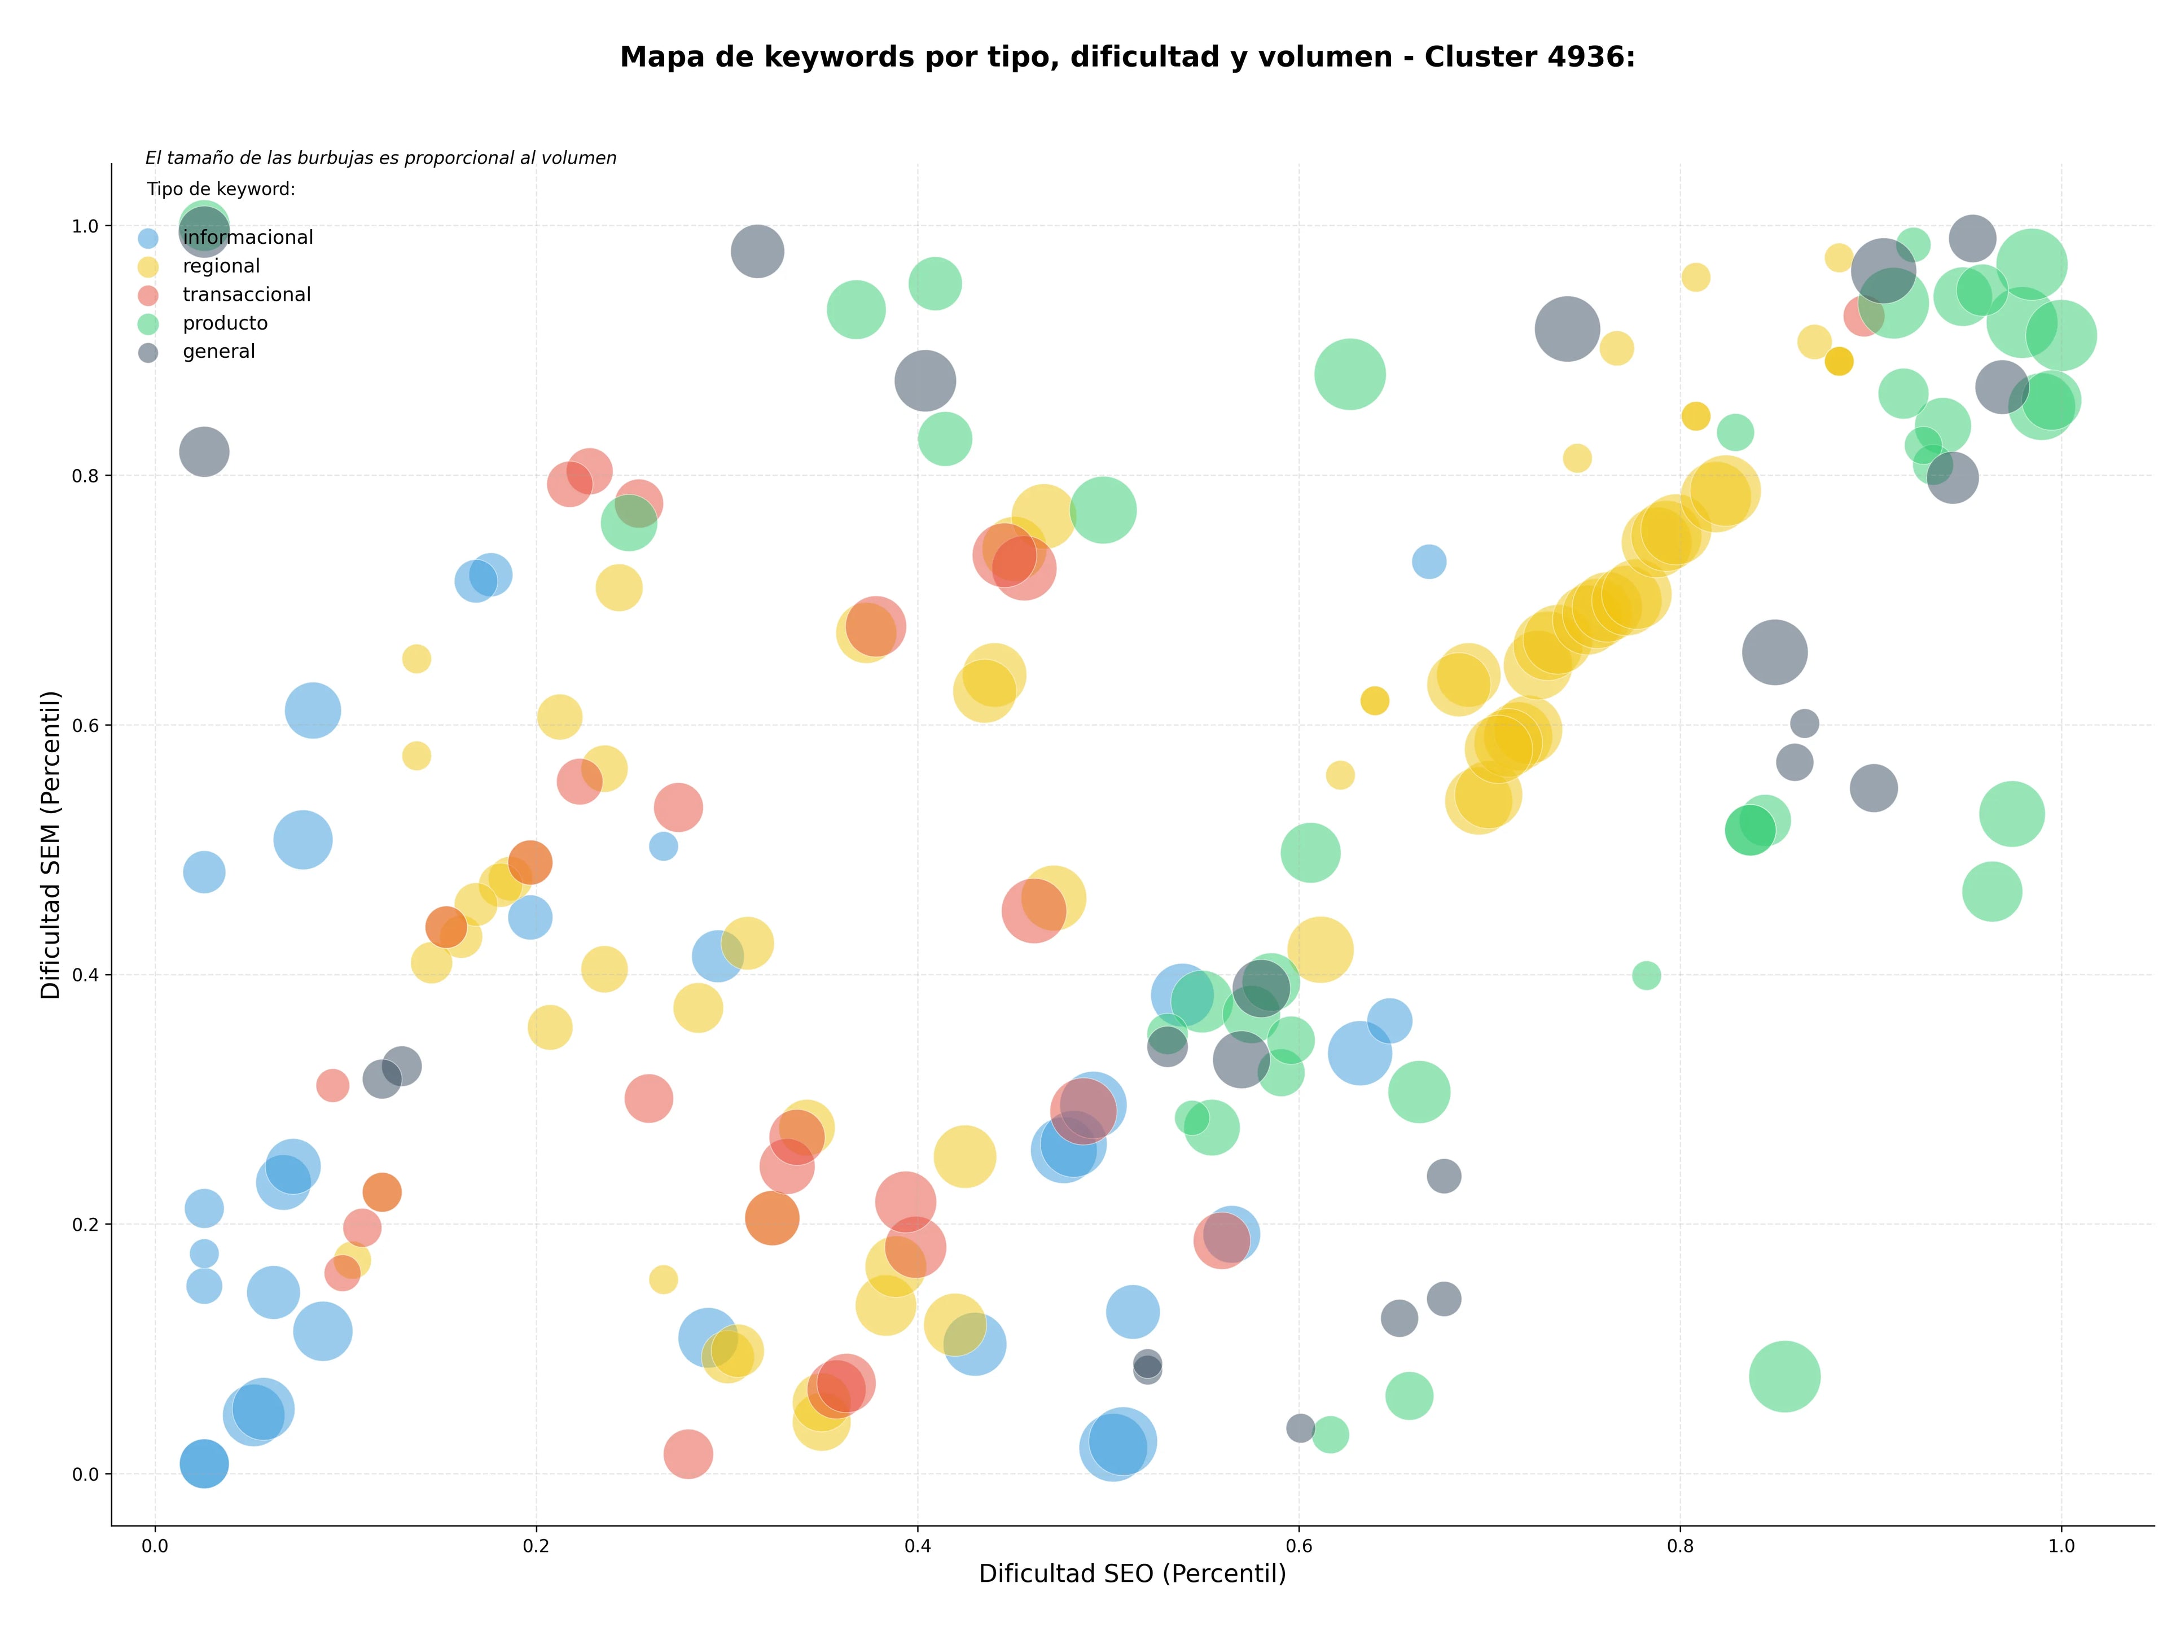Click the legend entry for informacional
point(225,238)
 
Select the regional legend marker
point(148,266)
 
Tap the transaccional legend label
point(247,295)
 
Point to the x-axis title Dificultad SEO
point(1133,1573)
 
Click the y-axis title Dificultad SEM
point(51,844)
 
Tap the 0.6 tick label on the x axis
point(1299,1547)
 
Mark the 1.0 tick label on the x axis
point(2061,1547)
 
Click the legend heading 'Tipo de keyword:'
point(221,189)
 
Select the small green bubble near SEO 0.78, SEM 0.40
point(1647,976)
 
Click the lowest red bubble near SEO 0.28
point(688,1454)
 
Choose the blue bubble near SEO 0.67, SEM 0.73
point(1429,562)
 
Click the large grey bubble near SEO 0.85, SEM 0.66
point(1775,652)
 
